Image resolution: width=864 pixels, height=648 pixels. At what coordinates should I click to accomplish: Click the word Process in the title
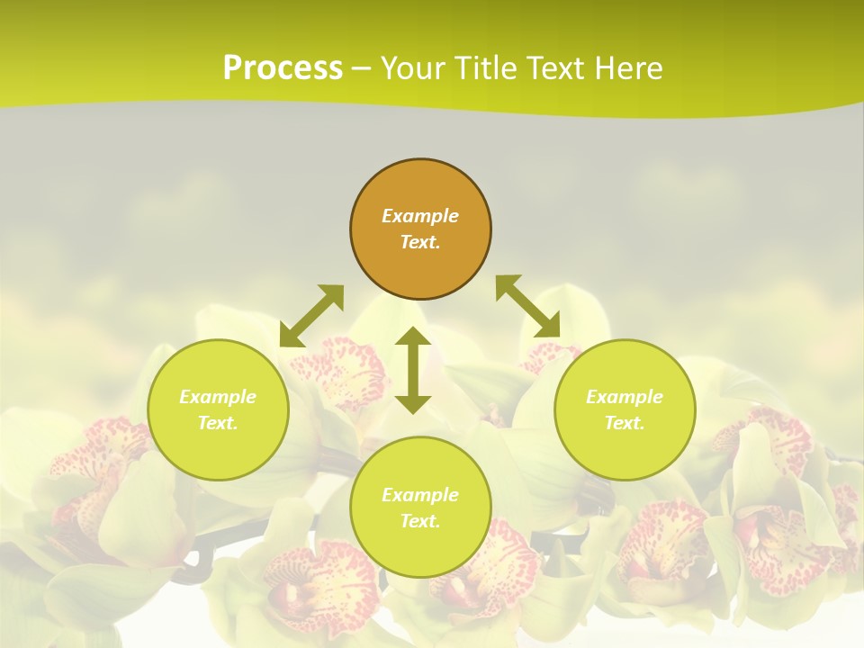pos(283,68)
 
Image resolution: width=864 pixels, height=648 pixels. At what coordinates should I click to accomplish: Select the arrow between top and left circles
pos(311,316)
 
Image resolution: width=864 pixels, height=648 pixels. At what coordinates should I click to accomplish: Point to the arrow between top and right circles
pos(528,307)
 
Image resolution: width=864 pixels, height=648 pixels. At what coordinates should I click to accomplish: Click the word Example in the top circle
pos(420,216)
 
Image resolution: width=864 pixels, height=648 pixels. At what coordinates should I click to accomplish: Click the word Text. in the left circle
pos(218,423)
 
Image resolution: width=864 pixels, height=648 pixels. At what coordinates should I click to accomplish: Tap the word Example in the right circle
pos(625,397)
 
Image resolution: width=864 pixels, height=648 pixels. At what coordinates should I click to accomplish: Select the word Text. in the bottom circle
pos(420,521)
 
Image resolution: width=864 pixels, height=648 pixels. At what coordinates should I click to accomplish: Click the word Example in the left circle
pos(218,397)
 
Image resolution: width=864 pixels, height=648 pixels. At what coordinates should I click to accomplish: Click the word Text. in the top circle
pos(420,242)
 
